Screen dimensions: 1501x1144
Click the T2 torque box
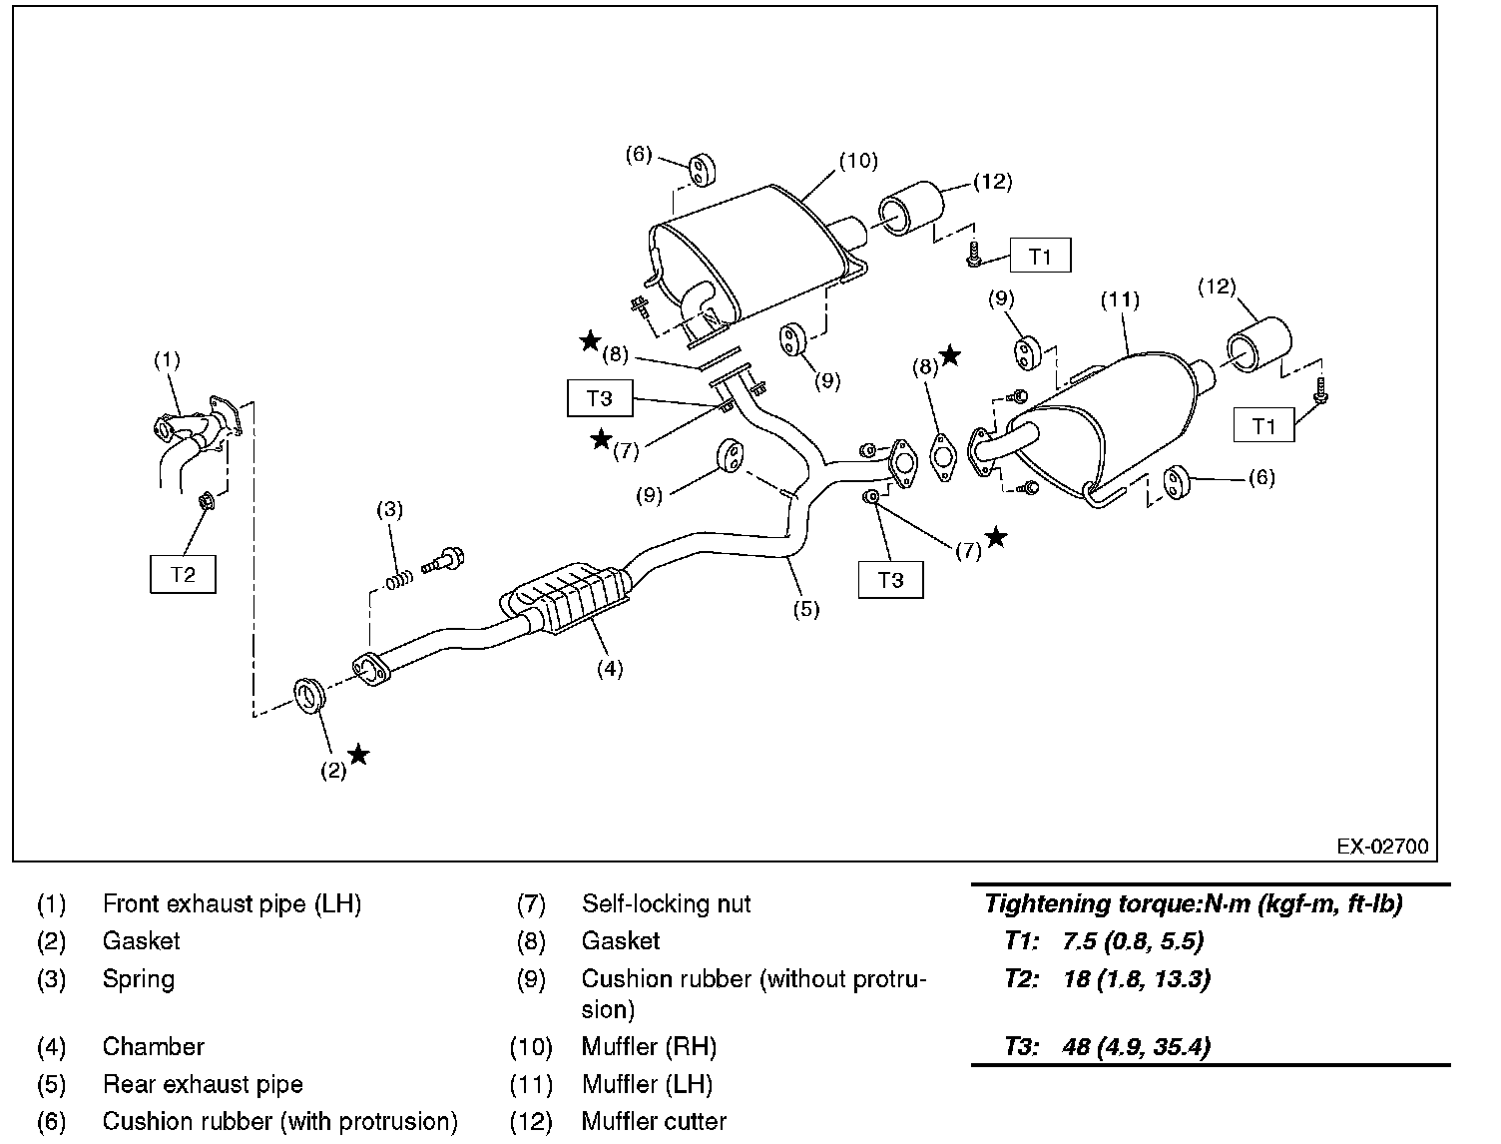click(183, 574)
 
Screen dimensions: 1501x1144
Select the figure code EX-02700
click(1382, 847)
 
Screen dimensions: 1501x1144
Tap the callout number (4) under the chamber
click(610, 668)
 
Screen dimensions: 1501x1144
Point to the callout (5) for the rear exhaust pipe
click(806, 609)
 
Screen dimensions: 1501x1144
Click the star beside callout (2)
click(358, 755)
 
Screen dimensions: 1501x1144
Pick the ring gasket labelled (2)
click(309, 696)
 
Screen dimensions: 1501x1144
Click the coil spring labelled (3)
click(399, 581)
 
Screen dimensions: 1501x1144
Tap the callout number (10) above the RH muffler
click(858, 161)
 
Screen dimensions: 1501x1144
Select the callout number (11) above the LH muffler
click(1120, 299)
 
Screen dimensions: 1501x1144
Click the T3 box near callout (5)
click(891, 580)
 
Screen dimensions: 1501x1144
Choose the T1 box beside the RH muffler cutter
click(1040, 256)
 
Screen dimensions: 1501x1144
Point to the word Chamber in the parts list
click(153, 1046)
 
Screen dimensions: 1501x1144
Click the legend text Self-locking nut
click(666, 903)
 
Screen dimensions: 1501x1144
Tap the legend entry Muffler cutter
click(654, 1121)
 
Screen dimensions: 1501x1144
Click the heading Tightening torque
click(1093, 903)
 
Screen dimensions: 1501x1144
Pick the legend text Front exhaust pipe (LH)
click(232, 903)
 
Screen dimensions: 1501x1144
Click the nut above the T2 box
click(206, 501)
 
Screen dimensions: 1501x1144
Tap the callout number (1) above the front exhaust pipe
click(167, 359)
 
